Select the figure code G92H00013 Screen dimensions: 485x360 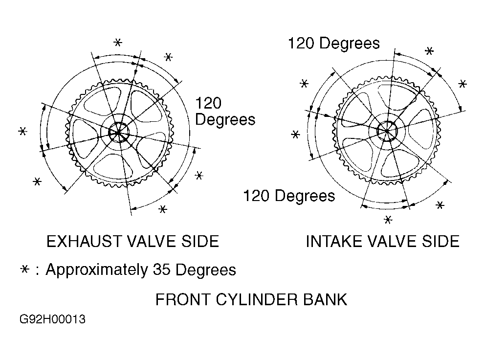click(x=52, y=319)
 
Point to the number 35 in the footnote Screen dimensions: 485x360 click(x=161, y=270)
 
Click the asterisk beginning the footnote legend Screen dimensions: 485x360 click(x=24, y=270)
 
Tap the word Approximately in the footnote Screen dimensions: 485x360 click(x=97, y=270)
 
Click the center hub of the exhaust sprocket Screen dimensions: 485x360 click(x=118, y=133)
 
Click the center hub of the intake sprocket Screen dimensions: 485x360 click(x=387, y=131)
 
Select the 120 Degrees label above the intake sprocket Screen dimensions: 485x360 click(x=334, y=44)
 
